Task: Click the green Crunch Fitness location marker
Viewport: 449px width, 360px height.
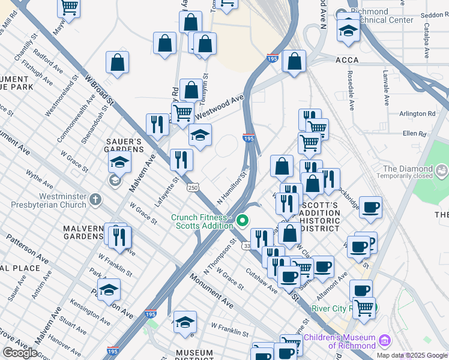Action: point(243,221)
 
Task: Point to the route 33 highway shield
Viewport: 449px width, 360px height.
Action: point(246,246)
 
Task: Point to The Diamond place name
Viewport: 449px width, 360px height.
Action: point(408,169)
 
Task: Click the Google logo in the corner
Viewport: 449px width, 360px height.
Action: point(20,353)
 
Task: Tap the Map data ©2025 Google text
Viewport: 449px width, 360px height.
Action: point(412,355)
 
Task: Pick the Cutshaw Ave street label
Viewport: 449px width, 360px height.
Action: point(262,280)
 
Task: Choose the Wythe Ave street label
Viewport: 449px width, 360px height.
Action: point(40,182)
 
